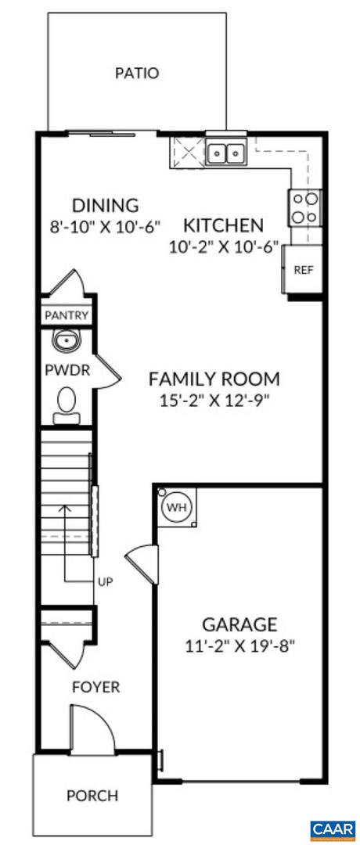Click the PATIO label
tap(137, 74)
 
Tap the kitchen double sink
tap(227, 153)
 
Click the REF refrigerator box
tap(303, 270)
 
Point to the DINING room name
tap(106, 206)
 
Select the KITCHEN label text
tap(223, 226)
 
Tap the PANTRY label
tap(66, 316)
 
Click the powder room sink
tap(65, 340)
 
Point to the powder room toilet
tap(66, 403)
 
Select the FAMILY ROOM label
tap(214, 379)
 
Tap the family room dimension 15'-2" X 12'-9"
tap(214, 401)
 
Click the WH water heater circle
tap(176, 507)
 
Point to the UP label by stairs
tap(105, 581)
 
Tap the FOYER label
tap(95, 688)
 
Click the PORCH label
tap(92, 796)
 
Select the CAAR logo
tap(333, 828)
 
